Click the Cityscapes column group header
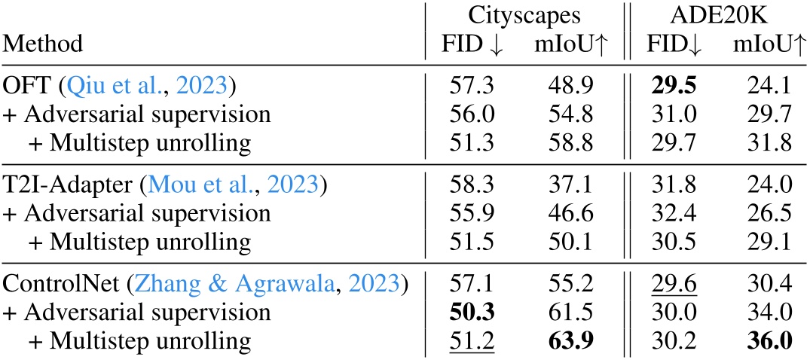[x=523, y=17]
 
